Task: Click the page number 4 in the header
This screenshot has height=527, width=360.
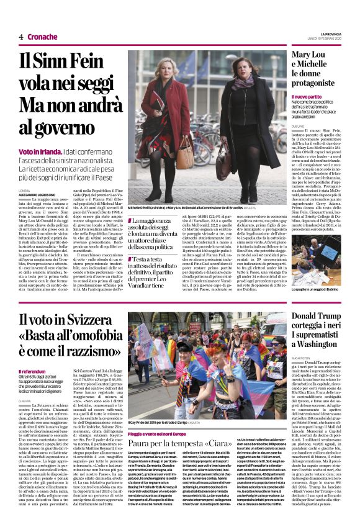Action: pos(21,37)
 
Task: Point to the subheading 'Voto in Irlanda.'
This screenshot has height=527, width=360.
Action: pos(40,151)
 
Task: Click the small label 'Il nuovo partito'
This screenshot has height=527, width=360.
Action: pos(307,97)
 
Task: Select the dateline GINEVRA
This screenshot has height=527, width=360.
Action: pos(25,402)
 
